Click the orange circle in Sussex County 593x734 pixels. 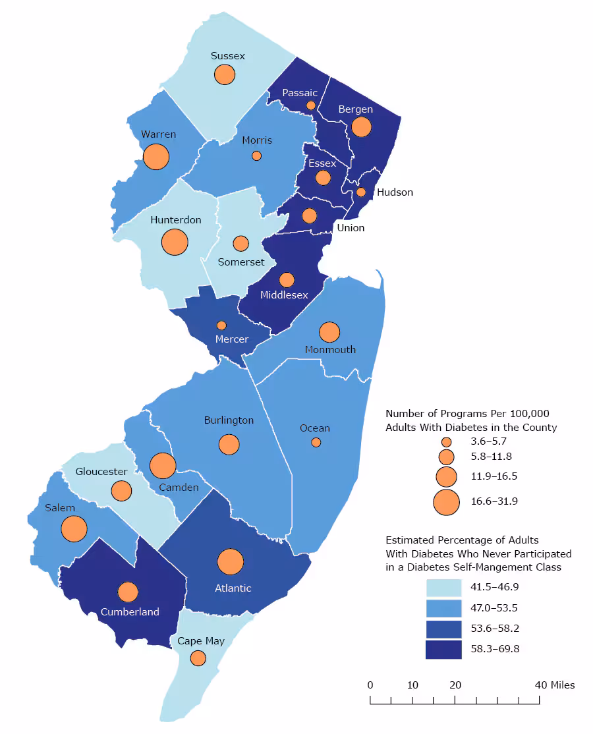(x=225, y=74)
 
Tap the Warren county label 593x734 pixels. (x=158, y=134)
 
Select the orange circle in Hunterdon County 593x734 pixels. (x=175, y=242)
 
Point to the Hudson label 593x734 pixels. (x=395, y=192)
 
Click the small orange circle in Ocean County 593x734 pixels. (x=316, y=442)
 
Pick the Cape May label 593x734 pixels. (x=201, y=640)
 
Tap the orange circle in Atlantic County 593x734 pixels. (x=231, y=562)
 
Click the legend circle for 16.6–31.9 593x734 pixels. (x=446, y=501)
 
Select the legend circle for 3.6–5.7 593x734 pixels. (x=446, y=441)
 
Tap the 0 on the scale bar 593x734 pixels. (x=370, y=685)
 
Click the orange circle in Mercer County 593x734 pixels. (x=221, y=325)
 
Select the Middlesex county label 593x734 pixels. (x=284, y=295)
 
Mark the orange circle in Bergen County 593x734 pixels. (x=361, y=127)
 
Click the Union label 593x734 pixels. (x=351, y=228)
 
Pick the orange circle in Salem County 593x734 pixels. (x=74, y=528)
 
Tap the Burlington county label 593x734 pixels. (x=229, y=420)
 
